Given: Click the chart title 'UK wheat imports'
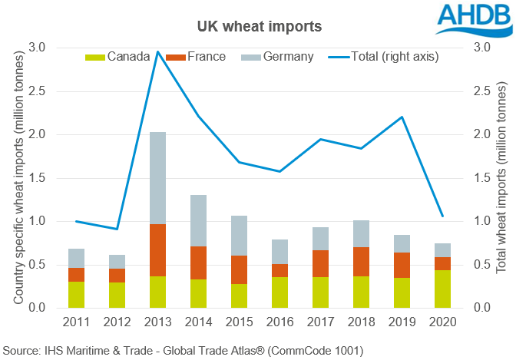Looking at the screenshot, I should [x=258, y=26].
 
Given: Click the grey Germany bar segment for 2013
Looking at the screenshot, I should [x=157, y=178].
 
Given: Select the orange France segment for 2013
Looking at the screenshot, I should [x=157, y=250].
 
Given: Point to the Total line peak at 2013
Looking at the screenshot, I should [x=157, y=51].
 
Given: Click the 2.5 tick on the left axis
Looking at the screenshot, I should [x=37, y=91].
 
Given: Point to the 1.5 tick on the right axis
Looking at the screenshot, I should [x=481, y=178].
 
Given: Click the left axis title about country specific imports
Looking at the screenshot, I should [x=18, y=177].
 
